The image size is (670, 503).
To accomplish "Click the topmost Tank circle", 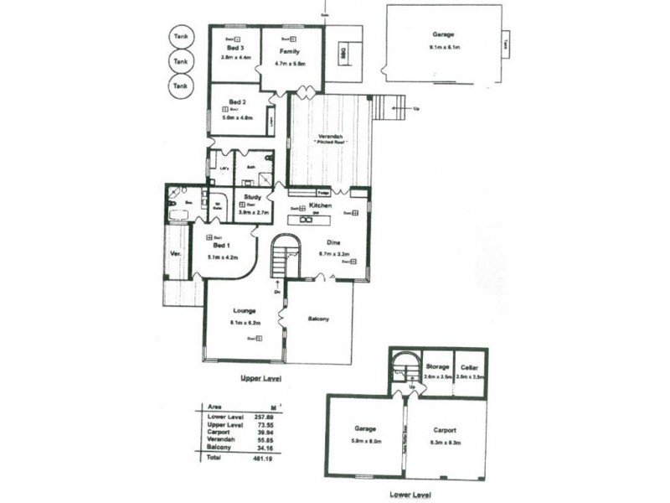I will [x=179, y=37].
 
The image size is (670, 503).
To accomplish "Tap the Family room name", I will [x=290, y=51].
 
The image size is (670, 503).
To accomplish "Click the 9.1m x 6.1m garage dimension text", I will [x=443, y=48].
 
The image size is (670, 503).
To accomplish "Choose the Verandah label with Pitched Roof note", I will [x=329, y=136].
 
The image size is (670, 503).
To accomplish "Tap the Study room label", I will [x=253, y=197].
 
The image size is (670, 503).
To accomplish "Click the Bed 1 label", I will [x=220, y=246].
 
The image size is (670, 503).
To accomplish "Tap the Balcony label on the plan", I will [x=318, y=319].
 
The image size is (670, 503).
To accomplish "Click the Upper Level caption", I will [x=260, y=378].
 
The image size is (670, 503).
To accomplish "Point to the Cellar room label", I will [x=469, y=366].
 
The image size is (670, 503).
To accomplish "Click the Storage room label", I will [x=436, y=366].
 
